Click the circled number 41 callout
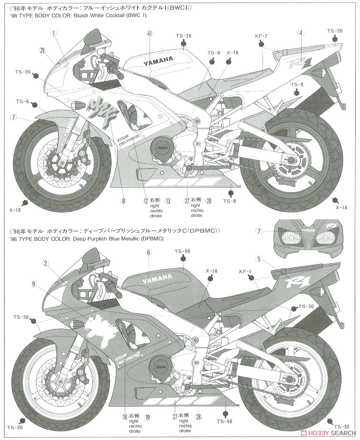149,33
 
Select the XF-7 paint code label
261,36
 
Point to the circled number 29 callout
43,50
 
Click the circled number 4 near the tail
301,33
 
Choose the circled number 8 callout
123,201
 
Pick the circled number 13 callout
168,201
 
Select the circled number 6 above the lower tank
149,253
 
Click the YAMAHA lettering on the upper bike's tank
158,60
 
